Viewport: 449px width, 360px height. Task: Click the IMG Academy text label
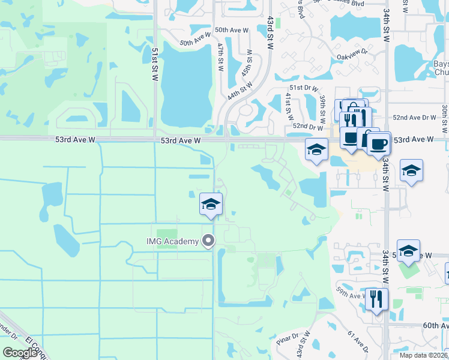(172, 241)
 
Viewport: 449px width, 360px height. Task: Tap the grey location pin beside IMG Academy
(209, 241)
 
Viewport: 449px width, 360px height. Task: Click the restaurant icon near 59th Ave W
(376, 299)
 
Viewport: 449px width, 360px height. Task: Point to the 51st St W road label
(155, 68)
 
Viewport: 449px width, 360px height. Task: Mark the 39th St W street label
(322, 106)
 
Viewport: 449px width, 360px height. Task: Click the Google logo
(20, 352)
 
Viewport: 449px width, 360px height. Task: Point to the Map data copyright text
(423, 355)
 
